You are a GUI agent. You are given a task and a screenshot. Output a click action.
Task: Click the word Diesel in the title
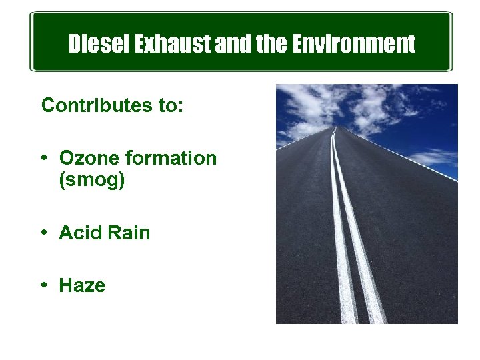click(x=99, y=45)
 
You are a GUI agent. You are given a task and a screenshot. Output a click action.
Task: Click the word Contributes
click(x=99, y=105)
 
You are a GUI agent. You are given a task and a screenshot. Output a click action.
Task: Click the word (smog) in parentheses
click(x=92, y=181)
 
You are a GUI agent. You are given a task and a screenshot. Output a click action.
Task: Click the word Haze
click(x=82, y=286)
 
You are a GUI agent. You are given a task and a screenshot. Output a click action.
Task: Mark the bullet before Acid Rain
click(x=43, y=233)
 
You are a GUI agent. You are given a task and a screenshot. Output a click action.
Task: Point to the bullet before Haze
click(x=43, y=285)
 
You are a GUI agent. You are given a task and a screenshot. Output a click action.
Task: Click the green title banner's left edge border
click(x=31, y=41)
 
